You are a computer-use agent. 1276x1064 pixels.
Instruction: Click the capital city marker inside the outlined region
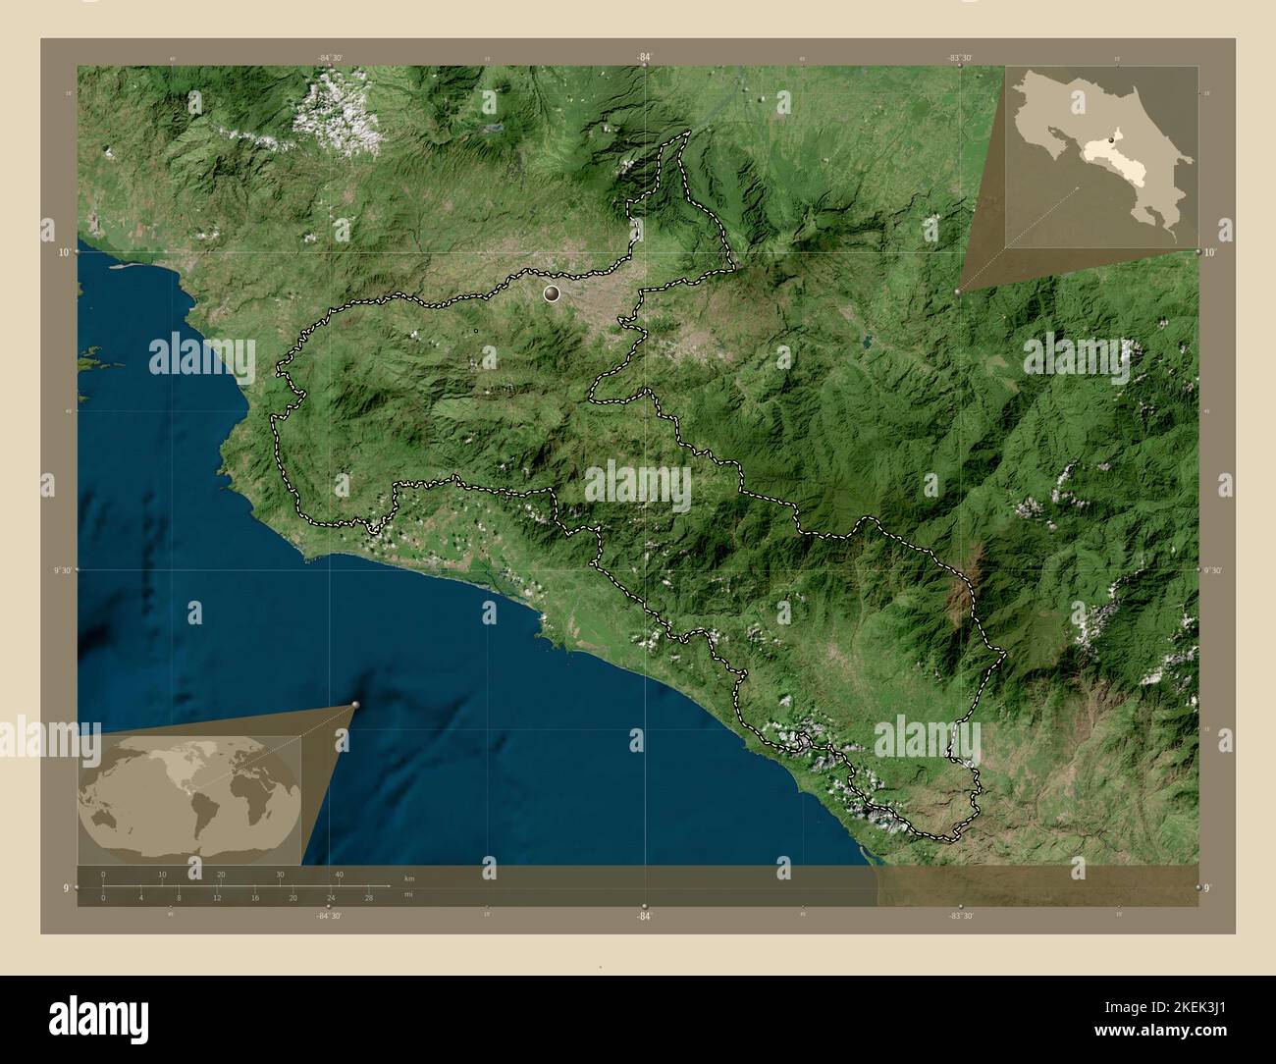coord(552,293)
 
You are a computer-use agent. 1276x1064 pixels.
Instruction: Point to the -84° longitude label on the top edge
coord(644,58)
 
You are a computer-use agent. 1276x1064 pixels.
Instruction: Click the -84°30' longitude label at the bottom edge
coord(330,915)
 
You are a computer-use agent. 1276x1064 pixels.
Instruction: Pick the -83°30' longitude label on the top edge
coord(960,58)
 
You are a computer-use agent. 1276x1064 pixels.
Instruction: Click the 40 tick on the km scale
coord(340,874)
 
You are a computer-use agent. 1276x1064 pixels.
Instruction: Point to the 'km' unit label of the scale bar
coord(408,877)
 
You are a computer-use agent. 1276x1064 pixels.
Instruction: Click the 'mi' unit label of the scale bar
coord(408,894)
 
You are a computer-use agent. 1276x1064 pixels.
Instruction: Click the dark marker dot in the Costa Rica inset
coord(1110,142)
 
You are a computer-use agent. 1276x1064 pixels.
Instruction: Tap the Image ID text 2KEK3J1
coord(1167,1008)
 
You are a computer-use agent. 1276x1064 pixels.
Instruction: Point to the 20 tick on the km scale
coord(221,874)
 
